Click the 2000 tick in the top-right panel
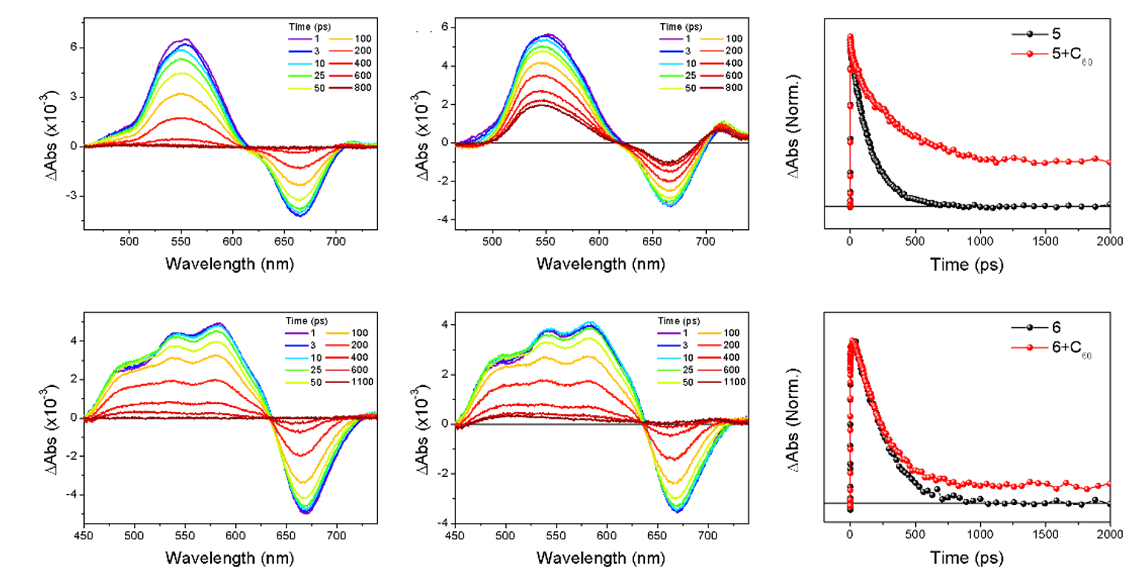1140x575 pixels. click(x=1109, y=241)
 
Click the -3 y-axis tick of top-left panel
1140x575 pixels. click(x=71, y=196)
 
